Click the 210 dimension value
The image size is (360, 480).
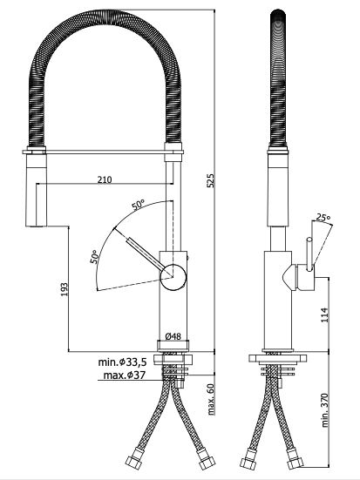coord(105,179)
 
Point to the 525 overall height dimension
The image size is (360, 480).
coord(210,180)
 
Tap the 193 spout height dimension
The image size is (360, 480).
coord(64,289)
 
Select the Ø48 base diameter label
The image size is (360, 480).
coord(173,336)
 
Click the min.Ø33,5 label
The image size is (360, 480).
coord(122,362)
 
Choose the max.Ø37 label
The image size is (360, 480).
coord(124,375)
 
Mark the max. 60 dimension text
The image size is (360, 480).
coord(211,399)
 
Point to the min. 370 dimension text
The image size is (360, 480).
coord(324,410)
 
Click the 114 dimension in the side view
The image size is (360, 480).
coord(324,314)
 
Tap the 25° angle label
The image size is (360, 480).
coord(323,218)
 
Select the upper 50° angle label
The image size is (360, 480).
coord(139,205)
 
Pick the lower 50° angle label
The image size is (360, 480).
coord(95,256)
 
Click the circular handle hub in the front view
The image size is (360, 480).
coord(173,276)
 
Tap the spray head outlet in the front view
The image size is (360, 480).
coord(36,226)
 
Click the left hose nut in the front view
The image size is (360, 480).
coord(134,458)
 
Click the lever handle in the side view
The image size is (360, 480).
coord(309,254)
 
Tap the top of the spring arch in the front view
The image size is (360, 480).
coord(105,17)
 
